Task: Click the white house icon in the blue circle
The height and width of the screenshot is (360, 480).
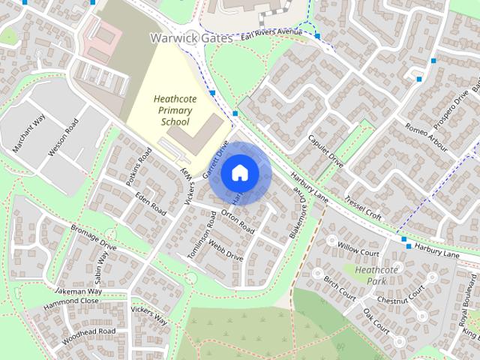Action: [x=239, y=173]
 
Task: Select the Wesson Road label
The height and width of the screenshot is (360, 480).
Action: [x=63, y=137]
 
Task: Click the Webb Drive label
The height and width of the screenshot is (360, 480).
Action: [x=226, y=250]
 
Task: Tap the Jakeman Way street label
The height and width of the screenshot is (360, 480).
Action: [x=78, y=291]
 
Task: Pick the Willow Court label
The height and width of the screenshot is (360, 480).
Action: [x=358, y=247]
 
